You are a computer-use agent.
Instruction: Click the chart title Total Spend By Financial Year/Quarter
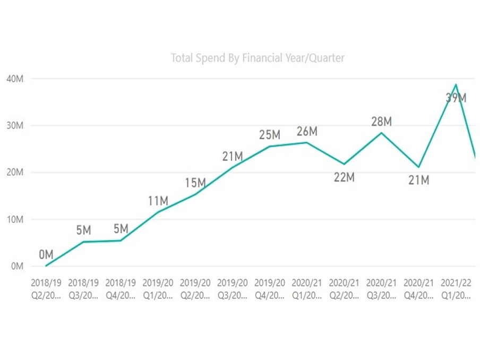258,58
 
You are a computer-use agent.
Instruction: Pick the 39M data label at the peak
456,98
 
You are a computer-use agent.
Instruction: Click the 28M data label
381,122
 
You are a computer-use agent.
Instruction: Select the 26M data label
307,132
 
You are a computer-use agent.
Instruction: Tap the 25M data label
270,135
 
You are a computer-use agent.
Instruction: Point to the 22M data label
344,177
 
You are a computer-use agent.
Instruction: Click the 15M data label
195,183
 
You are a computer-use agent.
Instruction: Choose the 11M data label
158,201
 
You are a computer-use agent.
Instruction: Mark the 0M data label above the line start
46,255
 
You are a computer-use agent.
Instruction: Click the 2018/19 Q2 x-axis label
46,288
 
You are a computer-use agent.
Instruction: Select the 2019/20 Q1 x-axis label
158,288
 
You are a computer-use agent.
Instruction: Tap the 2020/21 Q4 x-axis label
418,288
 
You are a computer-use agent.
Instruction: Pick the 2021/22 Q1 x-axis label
456,288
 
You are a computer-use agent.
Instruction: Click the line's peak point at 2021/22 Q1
456,84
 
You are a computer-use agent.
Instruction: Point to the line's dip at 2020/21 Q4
419,167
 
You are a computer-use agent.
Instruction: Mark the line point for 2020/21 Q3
381,133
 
